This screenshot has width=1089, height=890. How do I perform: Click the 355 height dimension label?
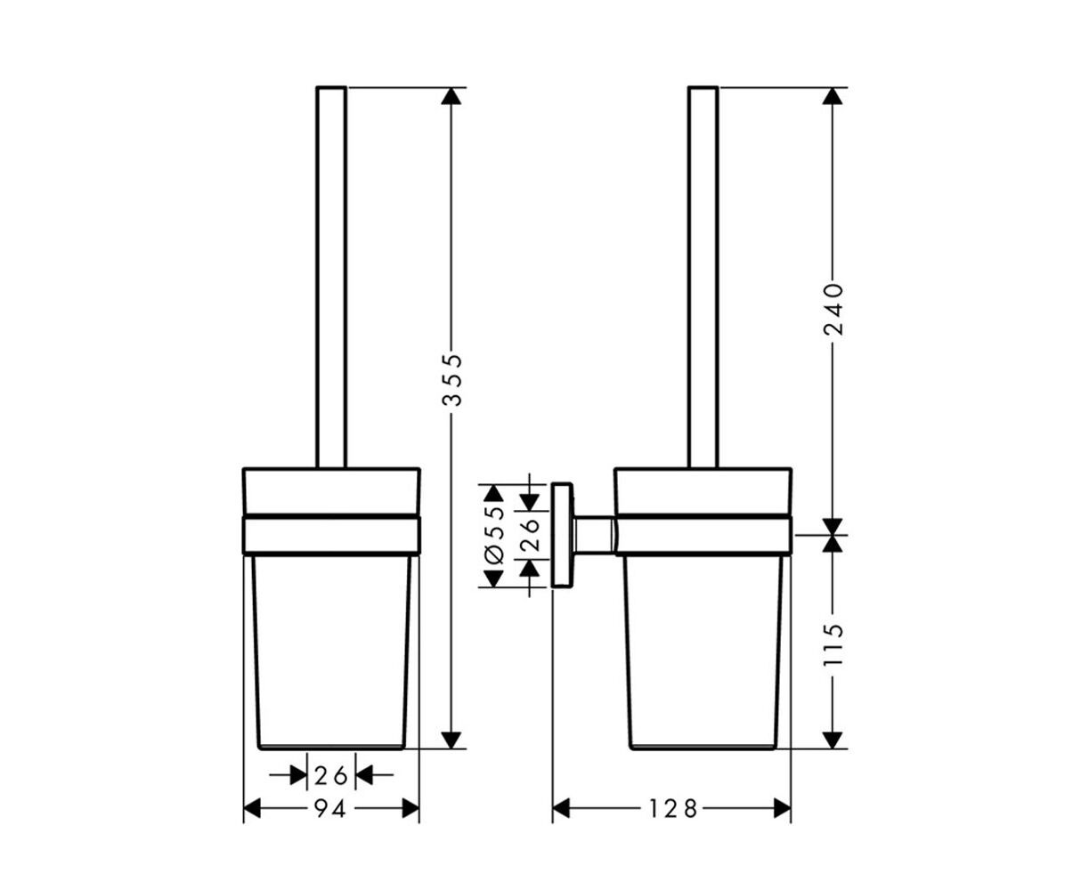coord(452,380)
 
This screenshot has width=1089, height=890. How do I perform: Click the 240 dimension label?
coord(833,309)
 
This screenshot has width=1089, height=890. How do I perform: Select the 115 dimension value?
coord(833,644)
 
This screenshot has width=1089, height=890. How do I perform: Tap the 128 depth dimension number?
coord(672,808)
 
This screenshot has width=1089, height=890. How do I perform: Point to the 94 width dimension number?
coord(330,808)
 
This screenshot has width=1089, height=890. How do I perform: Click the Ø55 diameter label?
coord(494,534)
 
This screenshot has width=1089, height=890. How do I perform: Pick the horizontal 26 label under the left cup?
coord(330,775)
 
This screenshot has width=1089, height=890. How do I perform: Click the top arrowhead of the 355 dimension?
coord(451,96)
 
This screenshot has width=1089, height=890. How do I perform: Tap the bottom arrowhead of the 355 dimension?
coord(451,740)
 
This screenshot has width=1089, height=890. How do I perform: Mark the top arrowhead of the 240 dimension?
coord(832,96)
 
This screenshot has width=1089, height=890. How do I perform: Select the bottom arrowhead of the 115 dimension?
coord(832,740)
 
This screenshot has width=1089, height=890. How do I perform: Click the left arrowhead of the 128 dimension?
coord(561,808)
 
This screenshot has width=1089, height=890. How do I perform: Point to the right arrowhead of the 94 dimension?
coord(410,808)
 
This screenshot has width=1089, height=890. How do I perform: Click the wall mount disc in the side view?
coord(563,536)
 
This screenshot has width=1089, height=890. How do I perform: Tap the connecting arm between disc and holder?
coord(594,536)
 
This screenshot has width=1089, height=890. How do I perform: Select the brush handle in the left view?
coord(331,277)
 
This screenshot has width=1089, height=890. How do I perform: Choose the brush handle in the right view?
coord(703,277)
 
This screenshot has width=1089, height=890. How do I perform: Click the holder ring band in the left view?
coord(331,535)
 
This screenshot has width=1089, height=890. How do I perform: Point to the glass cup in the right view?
coord(703,651)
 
